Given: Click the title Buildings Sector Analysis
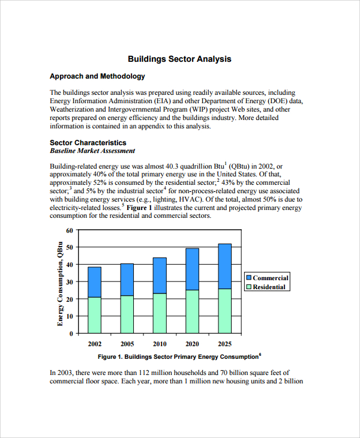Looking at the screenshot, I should [179, 59].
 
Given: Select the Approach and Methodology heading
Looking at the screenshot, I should [97, 77].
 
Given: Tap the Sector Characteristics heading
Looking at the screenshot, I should [88, 143].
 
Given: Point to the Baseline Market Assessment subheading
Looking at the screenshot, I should [92, 151].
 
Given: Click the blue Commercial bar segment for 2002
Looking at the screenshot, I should [94, 282].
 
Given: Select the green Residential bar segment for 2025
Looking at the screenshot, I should [224, 311].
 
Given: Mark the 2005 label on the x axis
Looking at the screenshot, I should [127, 344].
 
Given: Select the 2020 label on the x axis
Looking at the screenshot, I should [192, 344].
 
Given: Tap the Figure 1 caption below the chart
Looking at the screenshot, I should [179, 357].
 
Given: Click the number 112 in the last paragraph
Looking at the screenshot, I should [137, 373].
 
